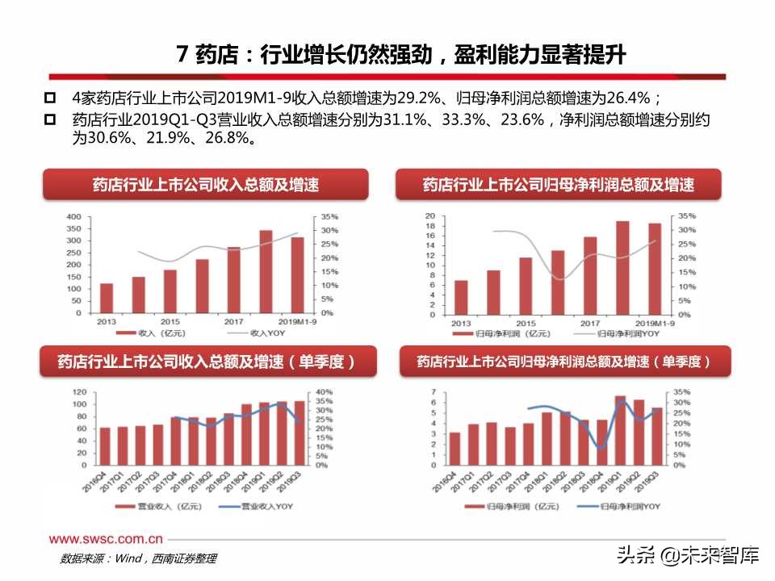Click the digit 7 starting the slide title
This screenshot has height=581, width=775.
[x=183, y=55]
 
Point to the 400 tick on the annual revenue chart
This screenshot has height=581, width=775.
[x=73, y=217]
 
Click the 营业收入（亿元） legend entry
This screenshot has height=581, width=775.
[x=149, y=506]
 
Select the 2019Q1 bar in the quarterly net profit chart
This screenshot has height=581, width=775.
[x=620, y=431]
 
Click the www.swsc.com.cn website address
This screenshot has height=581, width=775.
[x=106, y=539]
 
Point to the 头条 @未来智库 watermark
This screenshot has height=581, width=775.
[x=686, y=555]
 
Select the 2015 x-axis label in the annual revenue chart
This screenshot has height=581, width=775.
[x=170, y=321]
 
